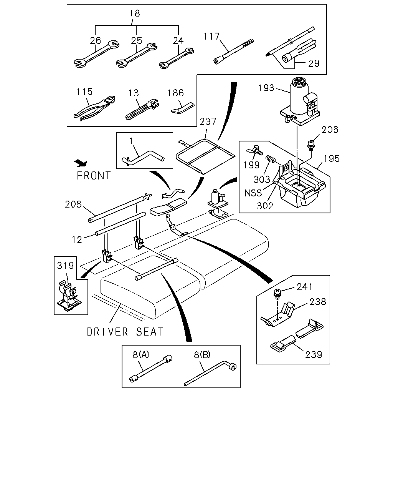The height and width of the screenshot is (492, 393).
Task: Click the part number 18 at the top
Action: (135, 13)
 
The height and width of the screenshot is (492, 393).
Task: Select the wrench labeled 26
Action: (96, 55)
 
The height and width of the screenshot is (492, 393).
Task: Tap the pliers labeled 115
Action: (94, 108)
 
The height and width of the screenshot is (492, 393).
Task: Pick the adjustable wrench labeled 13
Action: (142, 109)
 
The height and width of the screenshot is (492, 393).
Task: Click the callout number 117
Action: (211, 37)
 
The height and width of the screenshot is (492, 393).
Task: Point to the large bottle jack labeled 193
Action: (300, 101)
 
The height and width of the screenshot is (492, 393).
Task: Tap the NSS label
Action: (253, 193)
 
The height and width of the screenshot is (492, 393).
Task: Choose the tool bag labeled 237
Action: (206, 157)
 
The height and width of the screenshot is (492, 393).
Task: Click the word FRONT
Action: (94, 176)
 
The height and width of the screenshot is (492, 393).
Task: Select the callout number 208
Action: (73, 204)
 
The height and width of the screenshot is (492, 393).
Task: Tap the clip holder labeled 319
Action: (69, 296)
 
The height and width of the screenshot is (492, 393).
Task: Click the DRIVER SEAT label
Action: (125, 332)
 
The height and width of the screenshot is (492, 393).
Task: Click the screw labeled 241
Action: (277, 294)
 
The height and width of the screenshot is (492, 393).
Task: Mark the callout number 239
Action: (314, 355)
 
